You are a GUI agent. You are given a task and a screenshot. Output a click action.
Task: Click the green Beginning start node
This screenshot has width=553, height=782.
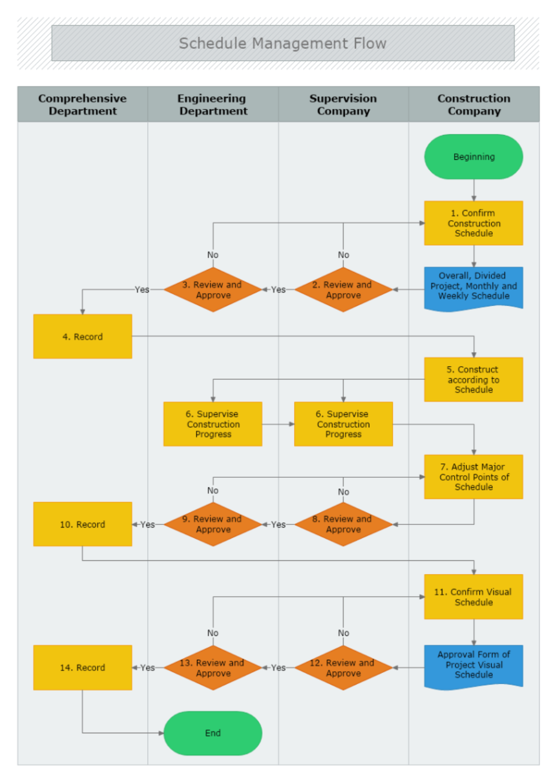point(473,157)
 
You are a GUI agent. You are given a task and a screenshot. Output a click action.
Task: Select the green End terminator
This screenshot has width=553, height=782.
point(213,733)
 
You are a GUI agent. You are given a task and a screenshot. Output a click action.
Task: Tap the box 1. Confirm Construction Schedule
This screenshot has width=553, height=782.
point(473,223)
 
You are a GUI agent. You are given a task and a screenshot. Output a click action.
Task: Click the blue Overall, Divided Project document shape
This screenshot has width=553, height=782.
point(473,286)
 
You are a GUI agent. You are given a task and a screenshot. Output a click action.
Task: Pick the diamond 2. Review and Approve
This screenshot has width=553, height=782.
point(343,290)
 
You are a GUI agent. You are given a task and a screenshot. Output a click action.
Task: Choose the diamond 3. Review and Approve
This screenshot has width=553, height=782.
point(213,290)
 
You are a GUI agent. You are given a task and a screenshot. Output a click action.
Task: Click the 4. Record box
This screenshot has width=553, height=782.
point(82,336)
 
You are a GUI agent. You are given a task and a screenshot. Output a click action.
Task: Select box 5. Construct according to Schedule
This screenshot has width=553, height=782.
point(473,379)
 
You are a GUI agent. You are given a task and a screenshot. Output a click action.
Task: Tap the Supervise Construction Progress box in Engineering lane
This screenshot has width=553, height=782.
point(213,424)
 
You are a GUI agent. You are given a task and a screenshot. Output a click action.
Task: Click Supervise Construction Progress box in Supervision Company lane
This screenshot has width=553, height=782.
point(343,424)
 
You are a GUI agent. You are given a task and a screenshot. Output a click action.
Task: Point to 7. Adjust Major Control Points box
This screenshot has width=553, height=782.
point(473,477)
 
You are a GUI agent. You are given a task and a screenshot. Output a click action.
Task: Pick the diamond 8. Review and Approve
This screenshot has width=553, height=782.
point(343,524)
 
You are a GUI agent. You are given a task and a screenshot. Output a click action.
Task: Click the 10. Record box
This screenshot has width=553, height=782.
point(82,524)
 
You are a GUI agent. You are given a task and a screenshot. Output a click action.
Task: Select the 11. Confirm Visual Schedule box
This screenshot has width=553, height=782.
point(473,597)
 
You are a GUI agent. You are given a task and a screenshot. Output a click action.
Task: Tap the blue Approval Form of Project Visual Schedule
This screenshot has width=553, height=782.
point(473,665)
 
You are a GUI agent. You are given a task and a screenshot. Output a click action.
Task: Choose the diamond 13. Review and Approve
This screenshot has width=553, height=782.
point(213,668)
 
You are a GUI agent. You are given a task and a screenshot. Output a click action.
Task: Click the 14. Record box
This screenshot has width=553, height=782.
point(82,668)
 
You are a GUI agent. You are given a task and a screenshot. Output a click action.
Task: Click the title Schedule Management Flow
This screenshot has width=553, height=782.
point(283,43)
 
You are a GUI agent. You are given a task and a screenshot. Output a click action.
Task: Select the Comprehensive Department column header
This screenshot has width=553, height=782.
point(82,105)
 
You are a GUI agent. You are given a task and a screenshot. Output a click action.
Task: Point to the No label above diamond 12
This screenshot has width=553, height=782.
point(343,633)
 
